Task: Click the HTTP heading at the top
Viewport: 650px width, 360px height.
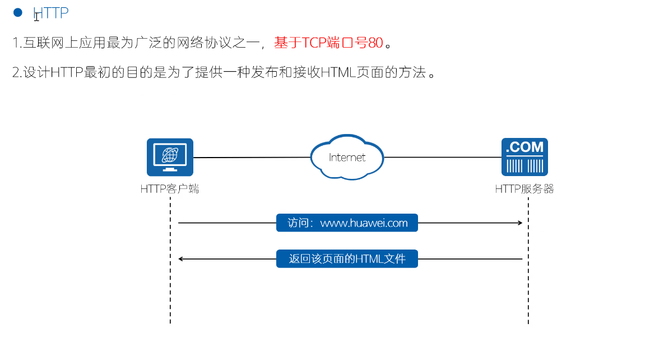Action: [x=51, y=13]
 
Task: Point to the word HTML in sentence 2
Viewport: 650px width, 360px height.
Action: [x=340, y=73]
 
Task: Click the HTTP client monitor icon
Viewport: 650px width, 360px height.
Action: [x=170, y=157]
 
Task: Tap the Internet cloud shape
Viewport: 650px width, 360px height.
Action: [x=347, y=157]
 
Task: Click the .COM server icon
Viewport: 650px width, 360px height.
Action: [x=524, y=157]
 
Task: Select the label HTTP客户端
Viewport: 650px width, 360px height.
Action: [x=170, y=190]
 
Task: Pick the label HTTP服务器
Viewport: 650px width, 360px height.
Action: [x=524, y=190]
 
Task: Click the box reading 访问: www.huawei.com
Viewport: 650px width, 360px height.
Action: [x=347, y=223]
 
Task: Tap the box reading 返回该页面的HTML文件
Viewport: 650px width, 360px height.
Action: [x=347, y=259]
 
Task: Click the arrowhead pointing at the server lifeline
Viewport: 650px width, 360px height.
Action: [x=520, y=223]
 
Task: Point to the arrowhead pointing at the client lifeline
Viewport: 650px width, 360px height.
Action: [x=181, y=259]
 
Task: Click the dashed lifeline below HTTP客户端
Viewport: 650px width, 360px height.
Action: [x=170, y=292]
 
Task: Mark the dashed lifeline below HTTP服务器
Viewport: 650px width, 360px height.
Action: [x=528, y=292]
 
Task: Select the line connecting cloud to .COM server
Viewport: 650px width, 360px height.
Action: [x=443, y=158]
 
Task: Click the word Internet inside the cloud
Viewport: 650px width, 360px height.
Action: [x=347, y=158]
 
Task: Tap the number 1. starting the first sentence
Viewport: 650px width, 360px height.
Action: [x=16, y=43]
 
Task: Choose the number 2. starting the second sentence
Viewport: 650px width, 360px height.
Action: [x=16, y=73]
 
